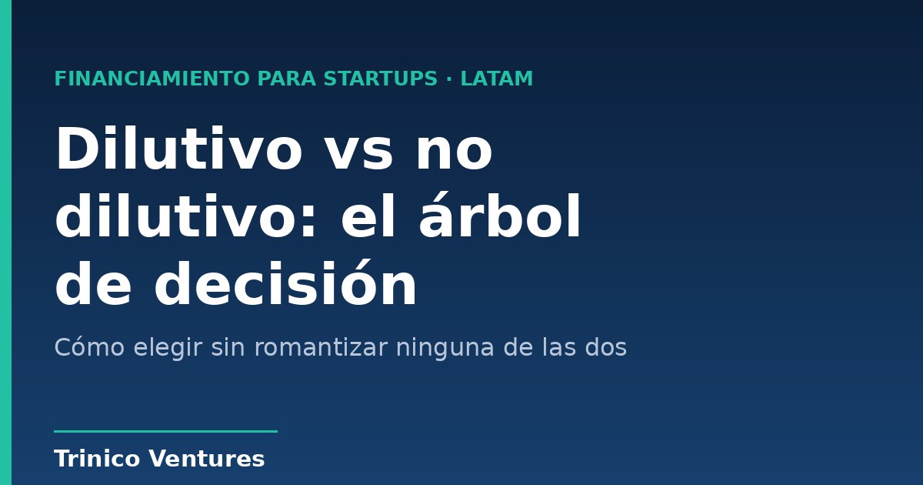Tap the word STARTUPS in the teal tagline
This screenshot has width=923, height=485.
[380, 79]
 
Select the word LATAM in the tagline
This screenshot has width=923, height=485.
[497, 79]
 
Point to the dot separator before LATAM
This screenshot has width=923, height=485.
[448, 79]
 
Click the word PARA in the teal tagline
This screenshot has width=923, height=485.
[286, 79]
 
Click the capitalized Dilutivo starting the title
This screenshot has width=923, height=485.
[178, 148]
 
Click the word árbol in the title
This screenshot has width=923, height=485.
[499, 216]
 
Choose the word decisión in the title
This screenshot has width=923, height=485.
[285, 284]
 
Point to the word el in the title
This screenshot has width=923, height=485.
[368, 216]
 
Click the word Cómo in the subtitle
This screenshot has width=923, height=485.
[89, 347]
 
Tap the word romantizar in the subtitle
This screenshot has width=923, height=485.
[321, 347]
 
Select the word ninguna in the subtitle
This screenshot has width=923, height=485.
[445, 349]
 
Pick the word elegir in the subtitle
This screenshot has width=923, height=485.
[168, 349]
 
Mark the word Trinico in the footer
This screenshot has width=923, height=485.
[97, 459]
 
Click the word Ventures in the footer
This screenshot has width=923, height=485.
[206, 459]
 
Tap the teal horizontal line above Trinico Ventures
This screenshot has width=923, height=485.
[165, 431]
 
